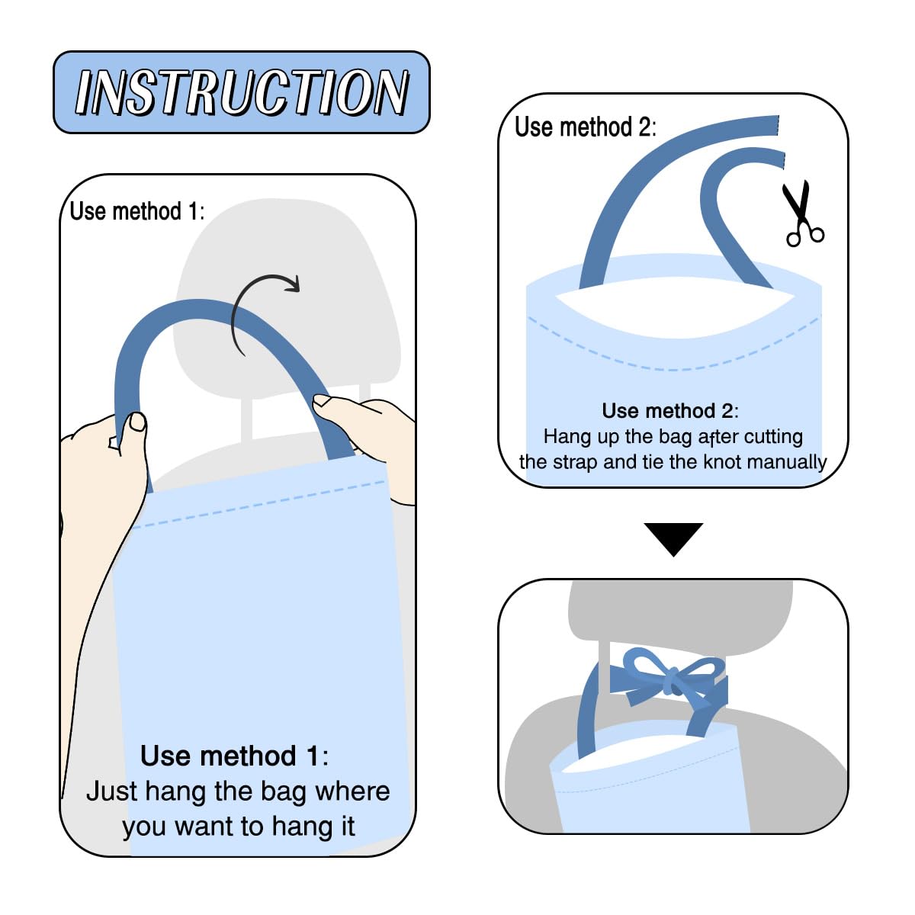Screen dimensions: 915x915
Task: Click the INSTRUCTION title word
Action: coord(242,91)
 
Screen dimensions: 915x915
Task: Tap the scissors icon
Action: coord(802,213)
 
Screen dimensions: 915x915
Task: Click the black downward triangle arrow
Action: coord(673,539)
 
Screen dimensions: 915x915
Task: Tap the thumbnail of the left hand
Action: coord(138,422)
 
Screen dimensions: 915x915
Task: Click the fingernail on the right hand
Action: coord(323,400)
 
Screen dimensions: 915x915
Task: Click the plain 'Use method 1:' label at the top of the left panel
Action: coord(136,210)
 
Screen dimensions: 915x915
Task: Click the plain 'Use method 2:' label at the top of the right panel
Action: coord(586,127)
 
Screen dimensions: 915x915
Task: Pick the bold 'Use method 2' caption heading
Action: coord(668,411)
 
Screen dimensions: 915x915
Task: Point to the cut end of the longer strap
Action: coord(777,125)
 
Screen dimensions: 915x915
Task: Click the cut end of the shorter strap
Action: coord(782,159)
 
